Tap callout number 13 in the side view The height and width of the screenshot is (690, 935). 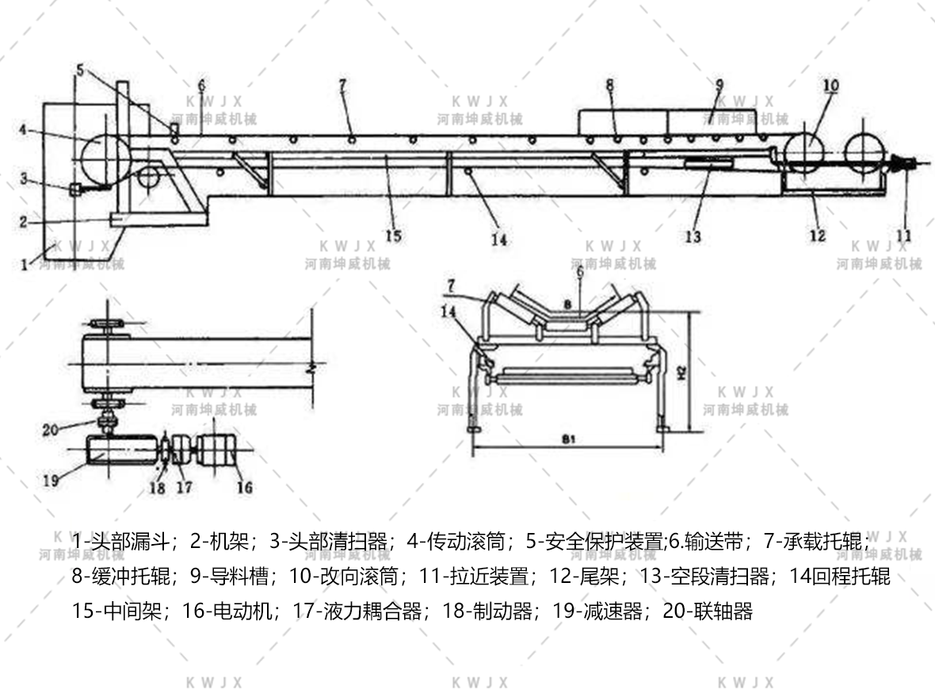coord(693,236)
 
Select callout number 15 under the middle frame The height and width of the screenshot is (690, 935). coord(394,235)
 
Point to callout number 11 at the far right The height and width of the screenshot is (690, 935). coord(904,236)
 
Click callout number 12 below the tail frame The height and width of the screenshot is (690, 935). coord(817,236)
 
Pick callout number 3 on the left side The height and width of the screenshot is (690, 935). coord(25,179)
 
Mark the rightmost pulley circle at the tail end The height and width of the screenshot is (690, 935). coord(865,149)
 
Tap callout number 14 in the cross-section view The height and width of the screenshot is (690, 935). coord(449,312)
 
